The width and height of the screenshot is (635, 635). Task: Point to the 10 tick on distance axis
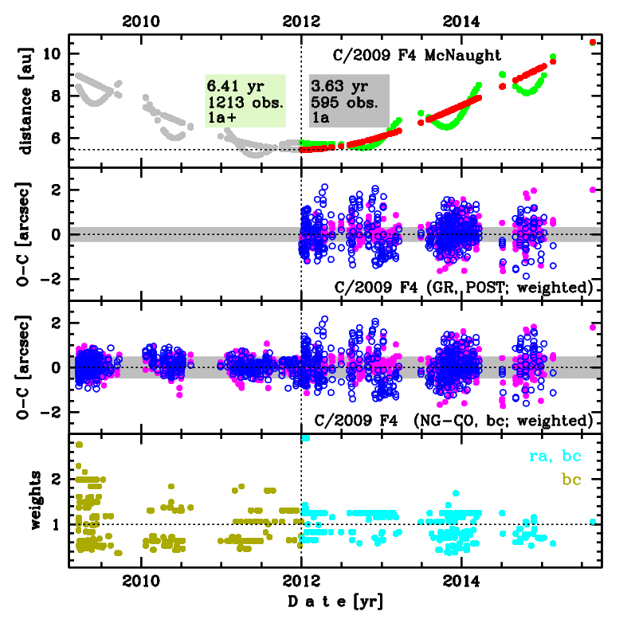point(54,53)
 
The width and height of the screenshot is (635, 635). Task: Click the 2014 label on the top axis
point(461,21)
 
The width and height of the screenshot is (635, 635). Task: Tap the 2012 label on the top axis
point(301,21)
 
